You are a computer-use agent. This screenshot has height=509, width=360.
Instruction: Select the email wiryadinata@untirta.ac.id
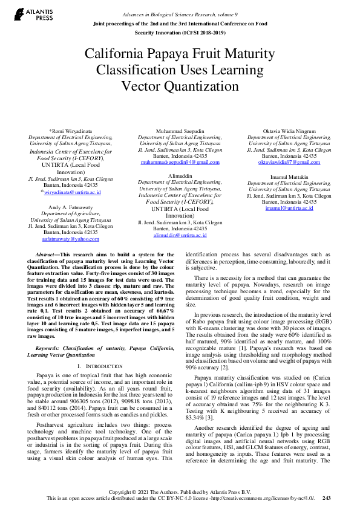72,192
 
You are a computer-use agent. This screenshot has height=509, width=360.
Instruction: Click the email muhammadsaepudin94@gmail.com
180,162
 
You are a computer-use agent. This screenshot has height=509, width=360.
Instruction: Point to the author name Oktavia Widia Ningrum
289,131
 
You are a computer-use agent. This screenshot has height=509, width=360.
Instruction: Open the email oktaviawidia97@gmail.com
289,162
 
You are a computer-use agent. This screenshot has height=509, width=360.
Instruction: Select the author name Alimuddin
180,175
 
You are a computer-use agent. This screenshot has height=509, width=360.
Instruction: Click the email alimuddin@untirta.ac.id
180,235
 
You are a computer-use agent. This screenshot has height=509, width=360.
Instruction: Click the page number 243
327,499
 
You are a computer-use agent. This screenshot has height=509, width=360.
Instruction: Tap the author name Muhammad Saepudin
180,131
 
